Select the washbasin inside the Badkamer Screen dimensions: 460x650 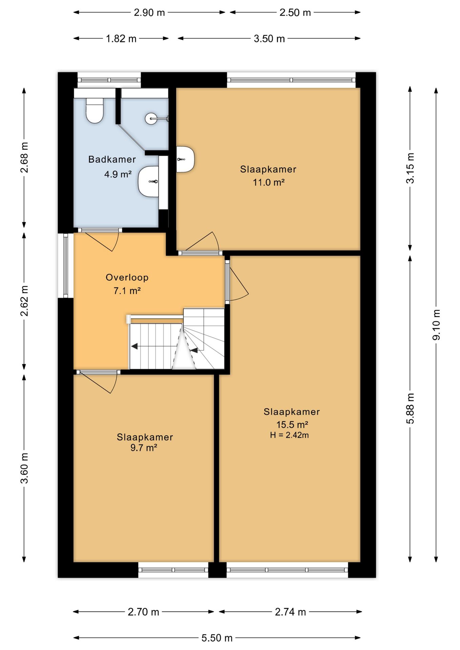pos(148,181)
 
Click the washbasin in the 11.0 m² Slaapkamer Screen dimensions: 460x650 pos(185,159)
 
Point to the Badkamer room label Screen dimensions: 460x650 pos(112,159)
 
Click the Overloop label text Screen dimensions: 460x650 pos(127,278)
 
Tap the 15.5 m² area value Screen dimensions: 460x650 pos(292,425)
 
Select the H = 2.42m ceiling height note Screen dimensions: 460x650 pos(289,435)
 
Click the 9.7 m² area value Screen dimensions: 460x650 pos(144,448)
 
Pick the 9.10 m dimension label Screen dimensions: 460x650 pos(436,325)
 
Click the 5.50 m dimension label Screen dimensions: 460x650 pos(217,638)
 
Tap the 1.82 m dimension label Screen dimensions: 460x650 pos(121,39)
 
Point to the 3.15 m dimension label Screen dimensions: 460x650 pos(410,168)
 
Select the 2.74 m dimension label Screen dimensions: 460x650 pos(290,612)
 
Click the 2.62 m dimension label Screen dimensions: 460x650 pos(24,301)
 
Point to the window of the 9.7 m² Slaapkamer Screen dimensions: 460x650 pos(173,570)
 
